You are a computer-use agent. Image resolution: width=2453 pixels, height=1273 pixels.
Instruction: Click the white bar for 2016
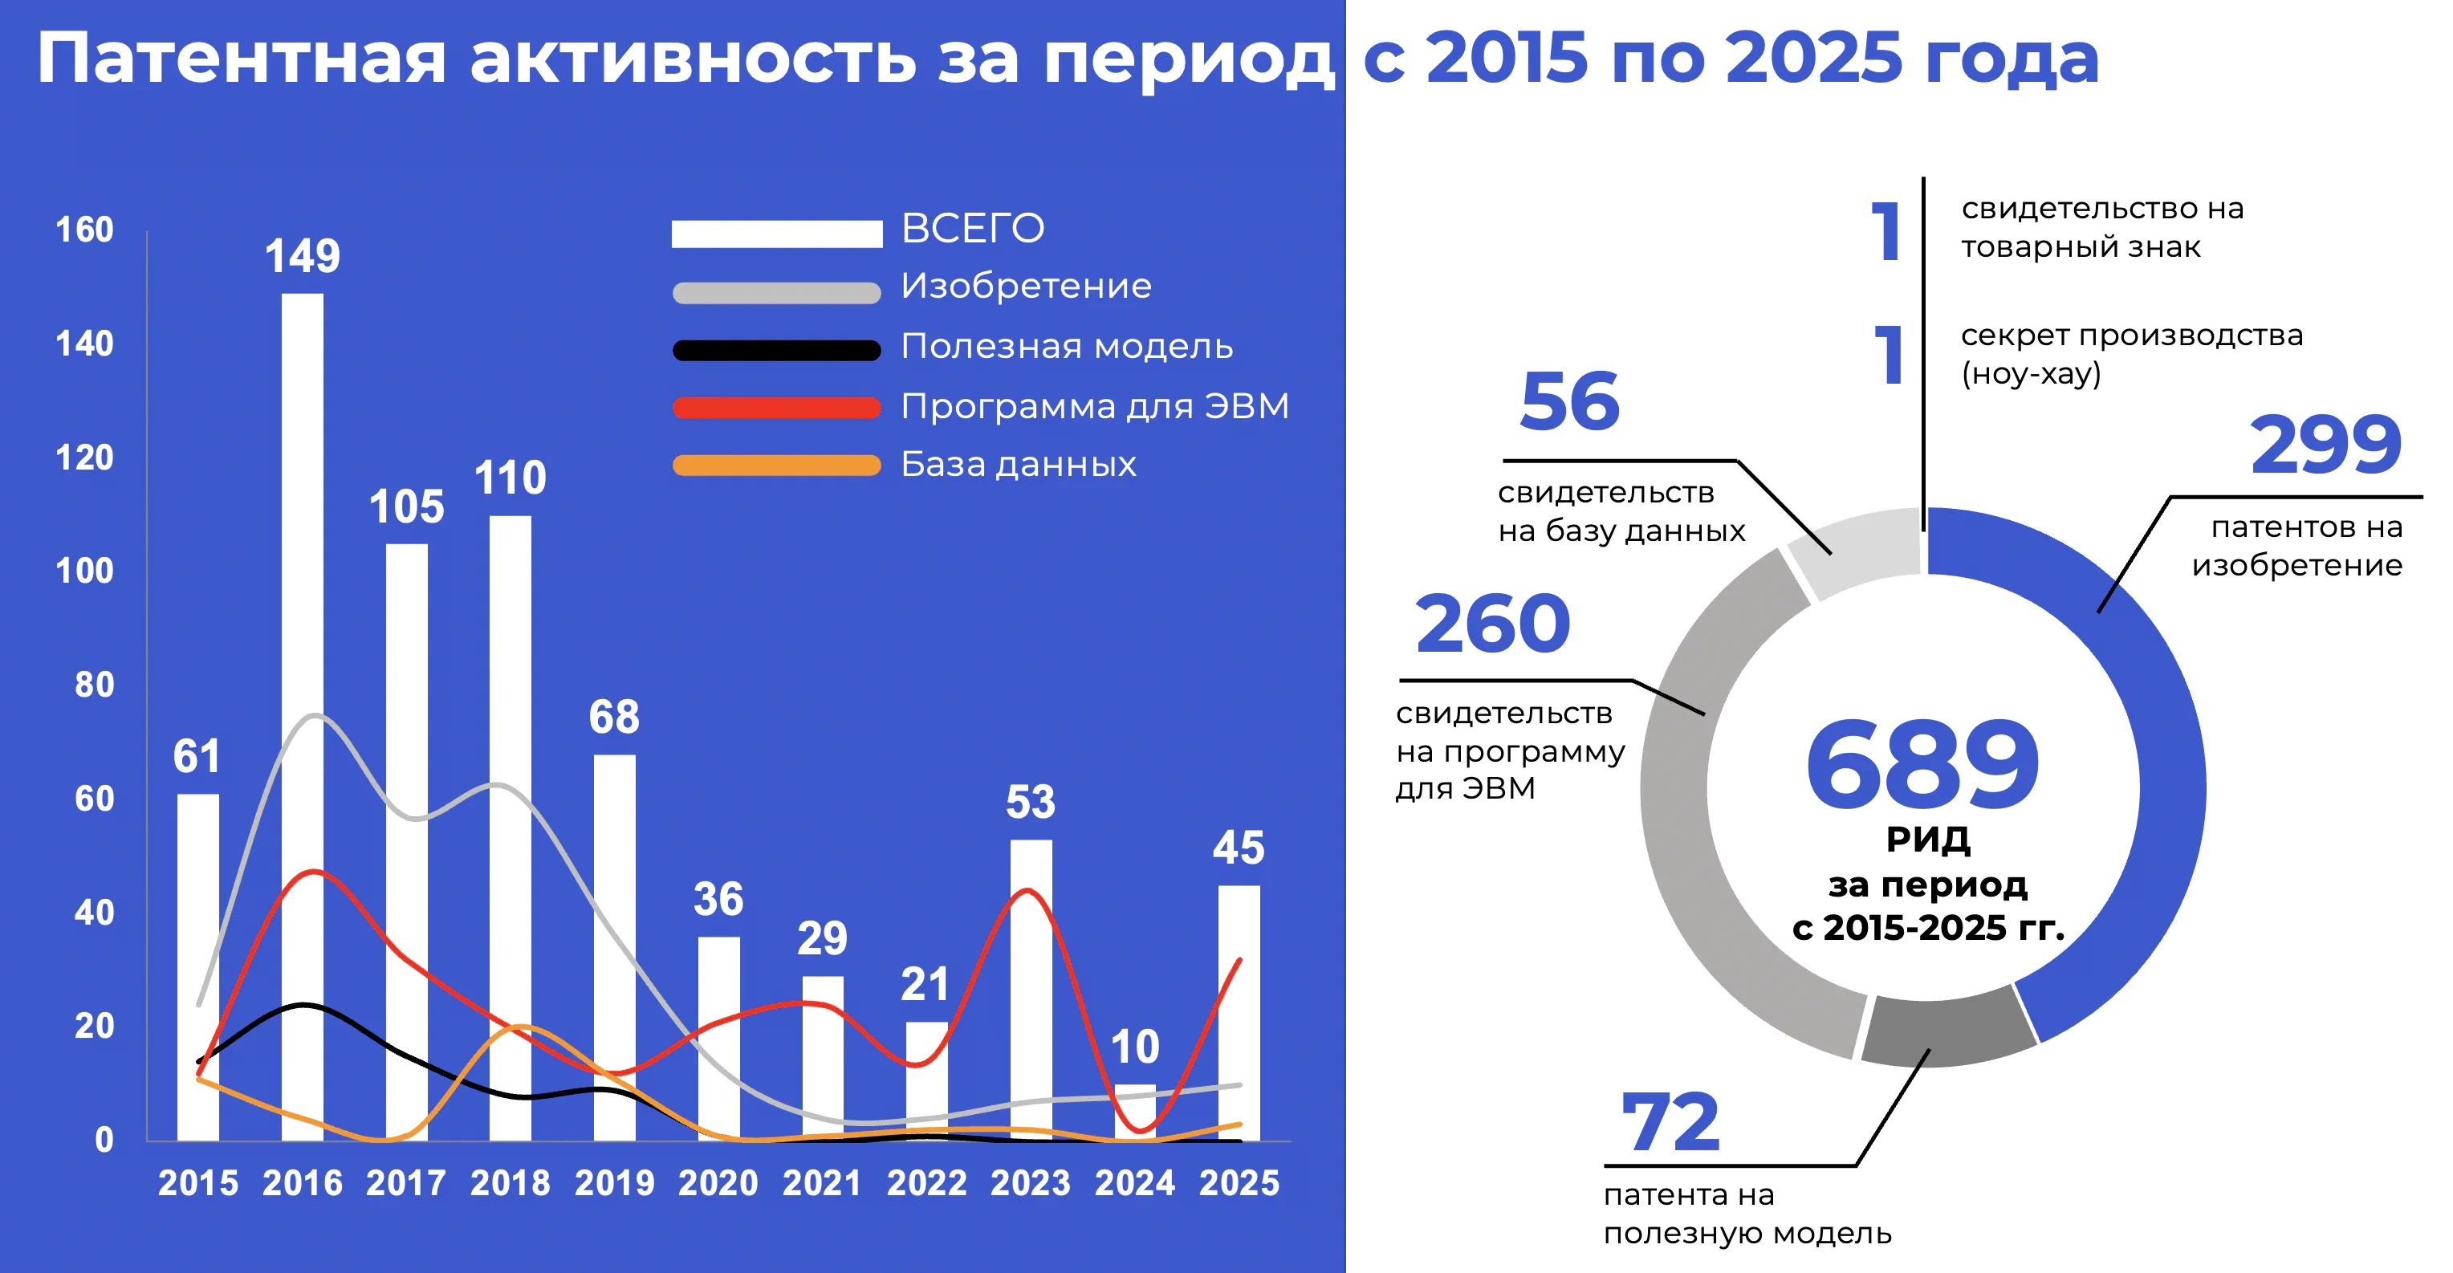(302, 714)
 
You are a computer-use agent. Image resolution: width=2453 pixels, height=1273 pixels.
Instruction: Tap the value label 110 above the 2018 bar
(511, 478)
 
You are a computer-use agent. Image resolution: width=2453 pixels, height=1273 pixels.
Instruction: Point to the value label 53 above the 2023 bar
(1031, 802)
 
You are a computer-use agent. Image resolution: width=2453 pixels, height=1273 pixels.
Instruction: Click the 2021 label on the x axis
(822, 1183)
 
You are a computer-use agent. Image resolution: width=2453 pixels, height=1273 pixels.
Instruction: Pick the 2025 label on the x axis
(1239, 1183)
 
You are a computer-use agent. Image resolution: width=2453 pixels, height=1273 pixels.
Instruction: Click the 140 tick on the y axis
(85, 344)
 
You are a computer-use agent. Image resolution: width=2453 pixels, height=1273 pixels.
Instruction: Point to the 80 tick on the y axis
(94, 685)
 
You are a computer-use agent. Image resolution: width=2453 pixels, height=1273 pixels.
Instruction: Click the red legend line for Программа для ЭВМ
(776, 408)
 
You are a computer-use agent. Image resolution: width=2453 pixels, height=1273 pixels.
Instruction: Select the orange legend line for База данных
(776, 466)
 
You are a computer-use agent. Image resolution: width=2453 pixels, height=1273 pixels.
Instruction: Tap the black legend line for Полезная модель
(776, 351)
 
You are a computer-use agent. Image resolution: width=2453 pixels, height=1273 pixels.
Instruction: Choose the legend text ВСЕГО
(972, 229)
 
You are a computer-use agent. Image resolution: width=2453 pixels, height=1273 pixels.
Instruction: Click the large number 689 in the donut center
(1922, 765)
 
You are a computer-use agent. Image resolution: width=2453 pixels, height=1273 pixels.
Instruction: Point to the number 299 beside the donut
(2325, 445)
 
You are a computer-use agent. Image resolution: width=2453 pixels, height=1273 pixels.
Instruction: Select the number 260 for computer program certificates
(1492, 624)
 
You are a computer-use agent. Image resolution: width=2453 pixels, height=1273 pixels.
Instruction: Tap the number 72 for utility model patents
(1670, 1124)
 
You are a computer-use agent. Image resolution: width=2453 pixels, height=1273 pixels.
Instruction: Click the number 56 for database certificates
(1569, 402)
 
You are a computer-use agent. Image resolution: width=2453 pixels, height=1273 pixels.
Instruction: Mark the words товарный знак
(2081, 247)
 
